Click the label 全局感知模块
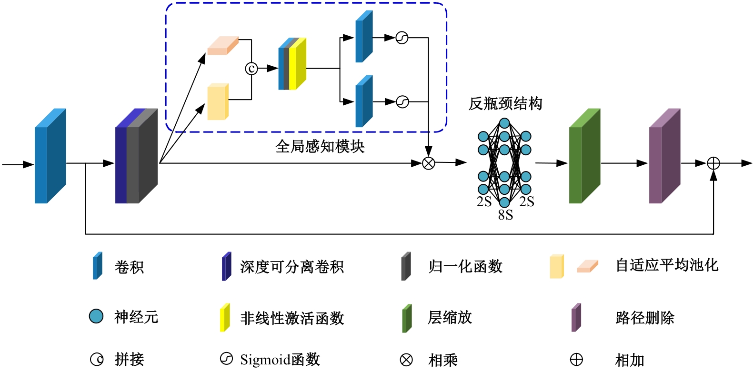tap(320, 146)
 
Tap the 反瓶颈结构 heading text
tap(505, 103)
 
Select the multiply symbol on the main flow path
tap(429, 163)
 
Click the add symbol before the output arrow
tap(713, 163)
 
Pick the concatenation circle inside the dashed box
tap(251, 69)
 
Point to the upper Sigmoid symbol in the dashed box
tap(402, 38)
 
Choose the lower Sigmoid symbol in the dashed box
tap(402, 101)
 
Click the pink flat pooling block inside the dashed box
tap(222, 46)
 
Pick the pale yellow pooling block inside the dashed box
tap(218, 102)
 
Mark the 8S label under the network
tap(505, 215)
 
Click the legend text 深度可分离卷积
tap(291, 267)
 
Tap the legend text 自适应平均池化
tap(666, 265)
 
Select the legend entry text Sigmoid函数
tap(280, 359)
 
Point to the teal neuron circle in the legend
tap(96, 316)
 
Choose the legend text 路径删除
tap(644, 317)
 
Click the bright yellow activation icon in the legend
tap(224, 318)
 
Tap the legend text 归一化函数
tap(465, 266)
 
